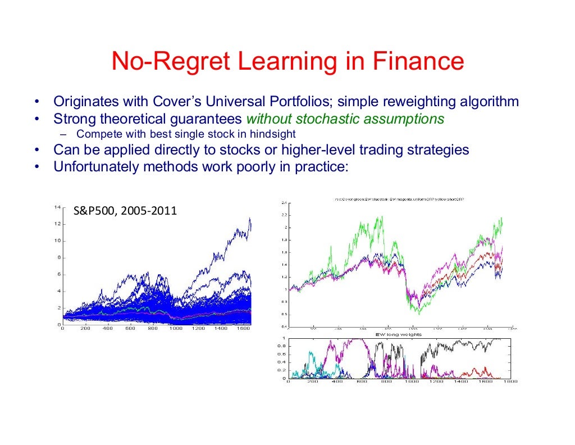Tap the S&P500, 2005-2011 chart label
[125, 212]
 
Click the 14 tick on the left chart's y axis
[57, 207]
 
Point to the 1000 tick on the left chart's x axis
[176, 329]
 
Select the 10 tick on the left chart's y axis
[57, 241]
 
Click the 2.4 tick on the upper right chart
[284, 202]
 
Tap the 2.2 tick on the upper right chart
[284, 215]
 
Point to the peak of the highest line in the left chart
[249, 219]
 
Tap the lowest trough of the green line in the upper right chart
[418, 314]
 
